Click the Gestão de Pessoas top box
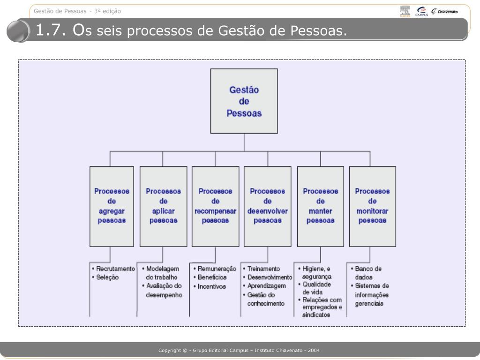(244, 101)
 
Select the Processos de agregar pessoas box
(112, 206)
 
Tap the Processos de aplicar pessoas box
(163, 206)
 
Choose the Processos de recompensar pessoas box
(215, 206)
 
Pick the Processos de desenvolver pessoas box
(268, 206)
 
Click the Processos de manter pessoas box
(321, 206)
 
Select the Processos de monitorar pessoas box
(372, 206)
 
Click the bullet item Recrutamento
(115, 269)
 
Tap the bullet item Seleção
(107, 277)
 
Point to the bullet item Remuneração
(217, 269)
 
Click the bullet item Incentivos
(211, 286)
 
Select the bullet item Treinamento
(263, 269)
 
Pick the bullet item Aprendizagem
(266, 286)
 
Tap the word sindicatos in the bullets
(316, 315)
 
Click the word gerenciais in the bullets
(369, 304)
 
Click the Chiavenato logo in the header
(445, 12)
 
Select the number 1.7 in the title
(49, 31)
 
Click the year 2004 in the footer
(313, 351)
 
